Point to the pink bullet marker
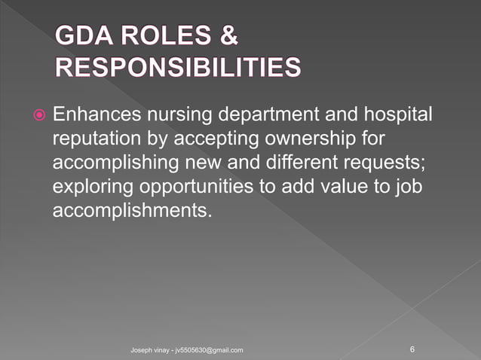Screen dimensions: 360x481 39,117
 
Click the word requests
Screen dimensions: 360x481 392,164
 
